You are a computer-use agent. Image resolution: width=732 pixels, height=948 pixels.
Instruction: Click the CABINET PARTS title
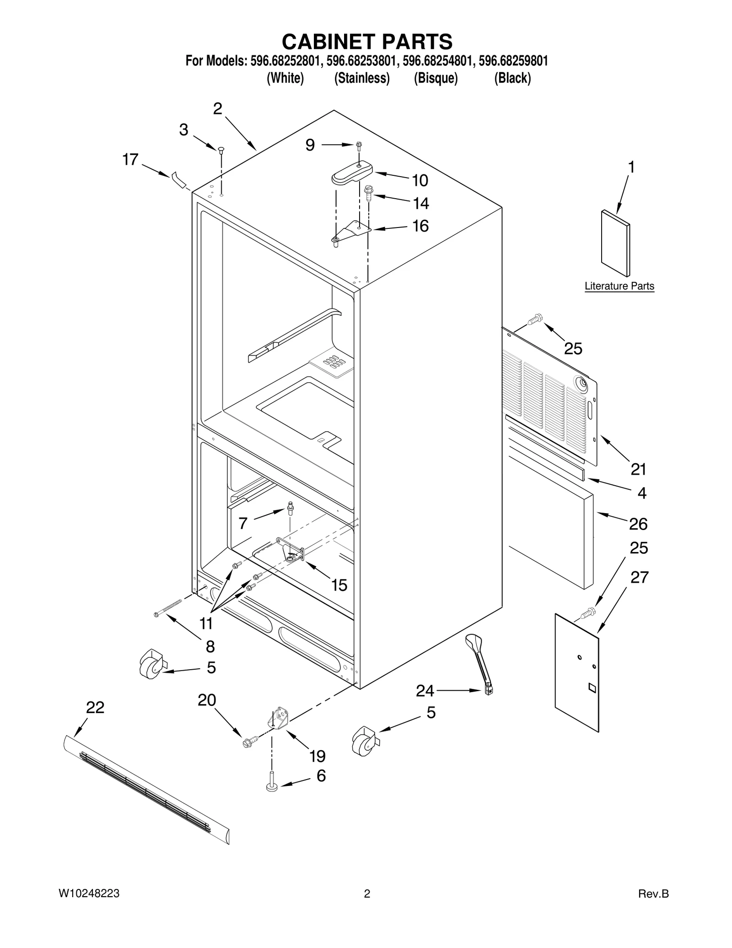point(367,42)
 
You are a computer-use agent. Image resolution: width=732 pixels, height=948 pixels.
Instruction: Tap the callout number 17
point(130,160)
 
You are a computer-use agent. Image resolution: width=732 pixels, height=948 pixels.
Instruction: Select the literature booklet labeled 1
point(615,244)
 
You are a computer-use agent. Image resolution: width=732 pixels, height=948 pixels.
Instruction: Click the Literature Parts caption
point(619,286)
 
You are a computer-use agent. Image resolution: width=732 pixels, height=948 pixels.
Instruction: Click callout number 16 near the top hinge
point(420,226)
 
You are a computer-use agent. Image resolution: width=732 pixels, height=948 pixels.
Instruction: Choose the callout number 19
point(318,756)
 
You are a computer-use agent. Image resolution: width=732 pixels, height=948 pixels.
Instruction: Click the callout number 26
point(638,524)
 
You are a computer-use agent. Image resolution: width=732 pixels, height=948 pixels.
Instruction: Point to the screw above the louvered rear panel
point(535,319)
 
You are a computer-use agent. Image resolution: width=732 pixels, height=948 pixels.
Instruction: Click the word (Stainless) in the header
point(362,78)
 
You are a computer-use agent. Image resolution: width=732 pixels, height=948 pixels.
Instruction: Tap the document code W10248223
point(89,894)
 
